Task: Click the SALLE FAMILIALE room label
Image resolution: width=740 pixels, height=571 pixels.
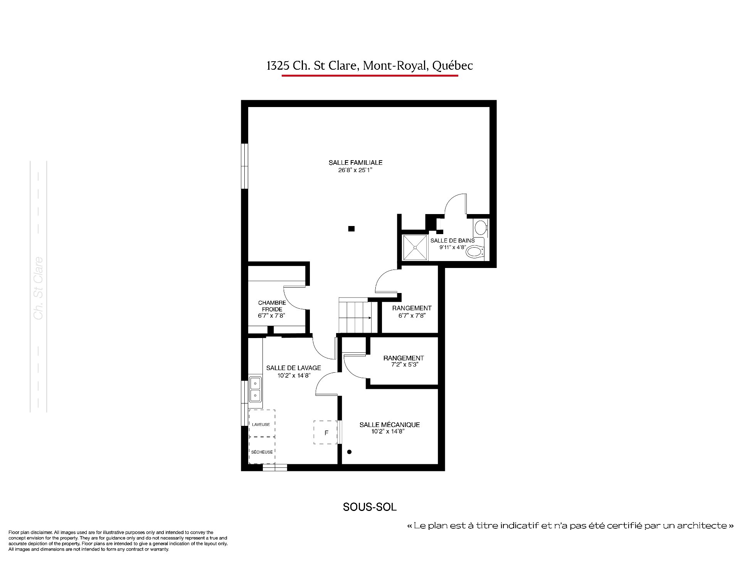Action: point(355,162)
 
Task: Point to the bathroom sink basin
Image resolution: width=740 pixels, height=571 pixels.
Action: point(481,228)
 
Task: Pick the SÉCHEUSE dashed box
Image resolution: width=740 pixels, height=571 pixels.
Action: point(262,450)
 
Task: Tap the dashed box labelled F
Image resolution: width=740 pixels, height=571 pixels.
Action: point(326,432)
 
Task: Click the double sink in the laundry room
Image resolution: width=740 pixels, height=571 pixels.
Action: point(255,389)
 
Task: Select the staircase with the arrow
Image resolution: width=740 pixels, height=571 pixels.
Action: point(355,315)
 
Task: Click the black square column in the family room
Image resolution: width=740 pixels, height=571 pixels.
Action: point(351,229)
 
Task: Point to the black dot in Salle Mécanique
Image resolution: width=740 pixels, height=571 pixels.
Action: point(350,452)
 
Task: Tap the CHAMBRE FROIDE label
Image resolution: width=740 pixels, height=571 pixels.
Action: point(272,306)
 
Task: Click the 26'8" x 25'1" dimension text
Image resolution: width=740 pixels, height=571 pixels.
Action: point(355,170)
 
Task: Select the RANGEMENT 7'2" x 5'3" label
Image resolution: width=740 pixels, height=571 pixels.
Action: point(404,361)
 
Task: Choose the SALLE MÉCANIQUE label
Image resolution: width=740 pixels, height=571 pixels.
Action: point(390,425)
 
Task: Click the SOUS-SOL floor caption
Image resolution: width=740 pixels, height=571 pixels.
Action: point(370,507)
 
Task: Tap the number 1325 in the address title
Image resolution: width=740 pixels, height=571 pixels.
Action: point(278,66)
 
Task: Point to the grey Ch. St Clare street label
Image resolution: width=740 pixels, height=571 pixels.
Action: point(38,288)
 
